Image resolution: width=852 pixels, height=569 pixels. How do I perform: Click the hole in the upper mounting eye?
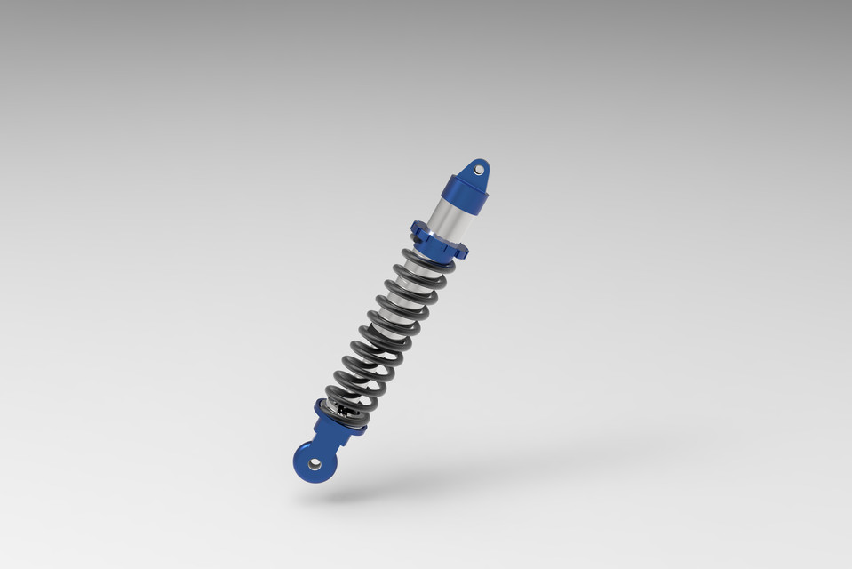[x=479, y=169]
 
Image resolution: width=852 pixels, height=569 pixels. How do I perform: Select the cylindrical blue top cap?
[x=463, y=194]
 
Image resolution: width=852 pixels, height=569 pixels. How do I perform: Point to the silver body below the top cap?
[x=447, y=222]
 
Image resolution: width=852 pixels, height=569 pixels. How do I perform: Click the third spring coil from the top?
[x=410, y=293]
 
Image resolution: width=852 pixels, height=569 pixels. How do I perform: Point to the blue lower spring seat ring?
[x=339, y=421]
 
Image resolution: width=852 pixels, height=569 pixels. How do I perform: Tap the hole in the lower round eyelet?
[x=314, y=463]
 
